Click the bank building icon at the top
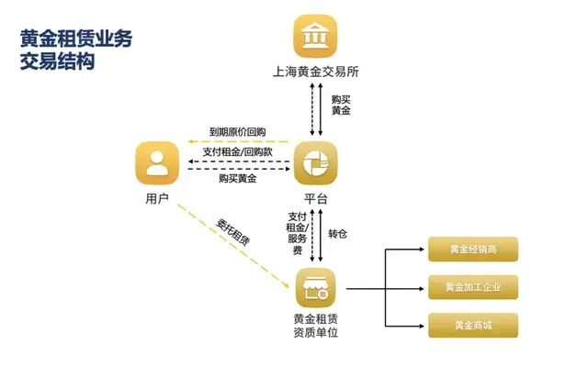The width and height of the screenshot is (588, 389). point(315,36)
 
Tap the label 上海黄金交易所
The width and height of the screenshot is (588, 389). point(316,72)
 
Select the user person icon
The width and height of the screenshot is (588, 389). point(157,163)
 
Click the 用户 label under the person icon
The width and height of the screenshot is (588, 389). point(157,198)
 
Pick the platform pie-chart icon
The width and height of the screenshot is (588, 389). point(315,163)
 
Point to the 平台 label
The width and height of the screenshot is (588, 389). point(316,198)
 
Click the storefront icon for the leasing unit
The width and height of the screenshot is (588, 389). point(316,288)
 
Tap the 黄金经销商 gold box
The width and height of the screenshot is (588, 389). point(473,249)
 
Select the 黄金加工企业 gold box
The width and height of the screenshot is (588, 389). point(473,287)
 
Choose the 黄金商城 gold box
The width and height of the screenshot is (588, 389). point(473,326)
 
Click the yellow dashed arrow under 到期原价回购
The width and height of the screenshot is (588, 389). point(238,142)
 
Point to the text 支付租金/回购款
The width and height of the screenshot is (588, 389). point(237,152)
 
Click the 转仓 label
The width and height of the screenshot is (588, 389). point(338,234)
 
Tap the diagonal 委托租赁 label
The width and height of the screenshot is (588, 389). point(232,232)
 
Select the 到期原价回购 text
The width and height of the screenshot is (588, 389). point(237,132)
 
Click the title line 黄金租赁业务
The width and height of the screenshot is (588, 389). point(76,39)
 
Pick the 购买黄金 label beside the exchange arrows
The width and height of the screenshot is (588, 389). point(341,106)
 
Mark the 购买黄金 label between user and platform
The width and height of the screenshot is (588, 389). point(237,179)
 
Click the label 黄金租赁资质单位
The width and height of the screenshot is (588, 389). point(316,326)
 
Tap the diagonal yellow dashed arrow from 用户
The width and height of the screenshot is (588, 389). point(233,246)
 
